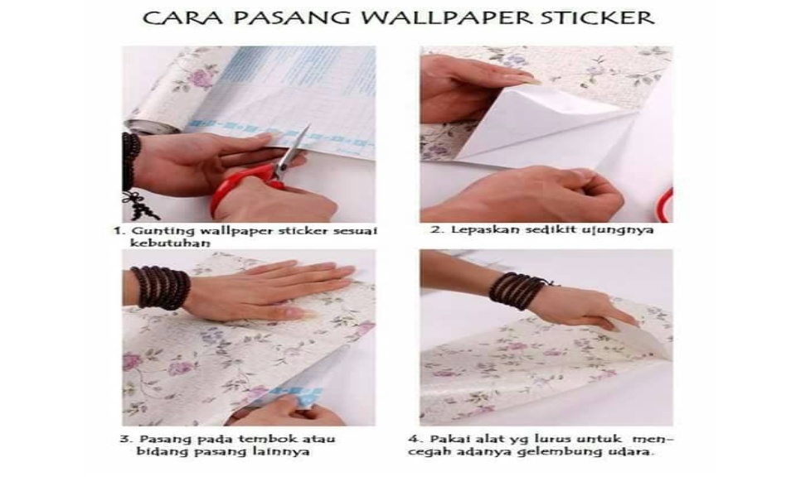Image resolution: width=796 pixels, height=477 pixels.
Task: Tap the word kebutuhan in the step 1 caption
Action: (x=163, y=244)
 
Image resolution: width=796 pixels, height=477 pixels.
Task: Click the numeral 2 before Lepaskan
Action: (x=434, y=229)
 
